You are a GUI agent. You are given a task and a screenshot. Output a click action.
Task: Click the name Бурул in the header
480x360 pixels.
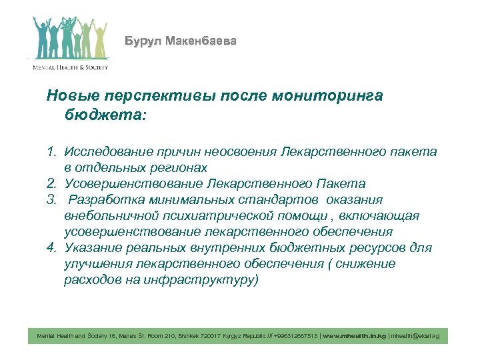tap(141, 41)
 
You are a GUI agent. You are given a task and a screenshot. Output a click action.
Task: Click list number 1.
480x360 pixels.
tap(51, 152)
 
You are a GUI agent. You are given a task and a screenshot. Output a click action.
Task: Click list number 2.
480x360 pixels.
tap(51, 183)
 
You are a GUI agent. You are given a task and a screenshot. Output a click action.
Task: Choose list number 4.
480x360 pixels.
tap(51, 248)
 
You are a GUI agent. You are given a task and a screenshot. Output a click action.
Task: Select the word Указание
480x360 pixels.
tap(92, 248)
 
